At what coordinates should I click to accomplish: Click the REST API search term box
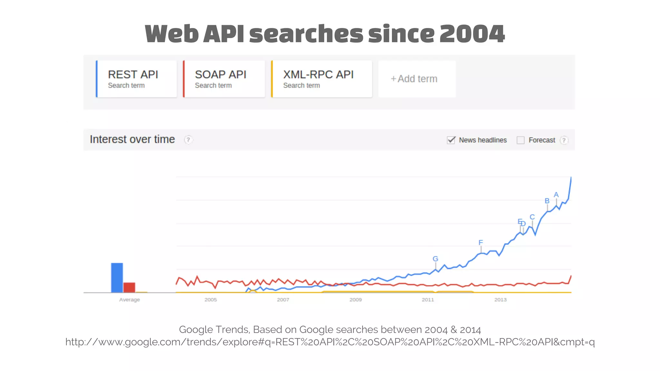[136, 79]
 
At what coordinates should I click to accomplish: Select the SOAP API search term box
[224, 79]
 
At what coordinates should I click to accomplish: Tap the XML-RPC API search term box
[322, 79]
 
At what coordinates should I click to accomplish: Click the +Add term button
[417, 79]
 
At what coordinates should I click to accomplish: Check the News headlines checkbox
[451, 140]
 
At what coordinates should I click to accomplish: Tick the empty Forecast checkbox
[520, 140]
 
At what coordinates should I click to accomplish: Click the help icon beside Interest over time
[188, 140]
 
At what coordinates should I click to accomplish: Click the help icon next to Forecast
[564, 140]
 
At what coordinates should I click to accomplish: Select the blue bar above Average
[117, 278]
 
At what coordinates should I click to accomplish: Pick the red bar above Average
[129, 287]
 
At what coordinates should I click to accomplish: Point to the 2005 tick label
[210, 300]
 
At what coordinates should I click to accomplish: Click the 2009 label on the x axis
[355, 300]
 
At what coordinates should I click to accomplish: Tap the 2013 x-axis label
[500, 300]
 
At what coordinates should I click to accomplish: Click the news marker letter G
[435, 259]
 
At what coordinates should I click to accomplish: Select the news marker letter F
[480, 243]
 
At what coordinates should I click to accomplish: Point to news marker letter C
[532, 217]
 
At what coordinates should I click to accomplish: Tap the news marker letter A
[556, 195]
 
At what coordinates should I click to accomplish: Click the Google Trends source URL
[330, 342]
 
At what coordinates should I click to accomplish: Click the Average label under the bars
[130, 300]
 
